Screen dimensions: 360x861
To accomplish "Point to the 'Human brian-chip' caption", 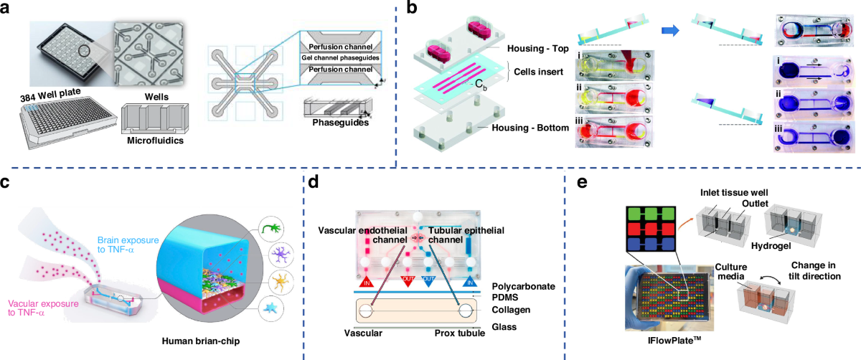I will pyautogui.click(x=214, y=334).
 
